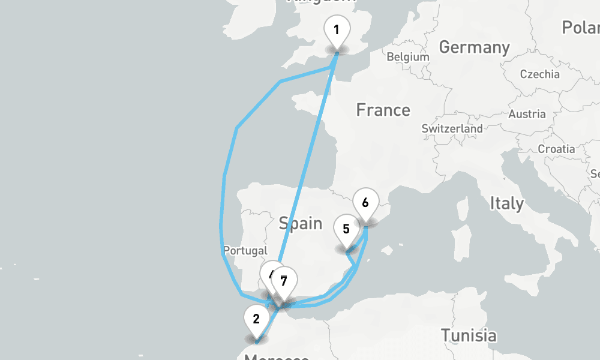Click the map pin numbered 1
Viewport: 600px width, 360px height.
[x=337, y=31]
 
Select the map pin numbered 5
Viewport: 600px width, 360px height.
[x=346, y=229]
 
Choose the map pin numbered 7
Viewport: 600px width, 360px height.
[x=284, y=281]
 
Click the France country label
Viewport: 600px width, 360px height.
[x=383, y=110]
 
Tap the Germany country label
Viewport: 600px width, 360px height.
[x=474, y=47]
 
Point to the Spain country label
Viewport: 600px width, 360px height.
[x=301, y=223]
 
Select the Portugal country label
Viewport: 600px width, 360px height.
[x=244, y=250]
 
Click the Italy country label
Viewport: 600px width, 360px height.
[x=506, y=203]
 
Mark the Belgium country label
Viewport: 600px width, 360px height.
[x=408, y=57]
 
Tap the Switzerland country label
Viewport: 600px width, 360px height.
[x=452, y=128]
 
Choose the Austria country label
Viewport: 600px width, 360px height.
[x=527, y=114]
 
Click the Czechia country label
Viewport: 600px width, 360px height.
[x=540, y=74]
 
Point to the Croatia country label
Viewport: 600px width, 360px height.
[x=556, y=149]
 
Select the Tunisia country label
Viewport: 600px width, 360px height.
[x=469, y=335]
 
